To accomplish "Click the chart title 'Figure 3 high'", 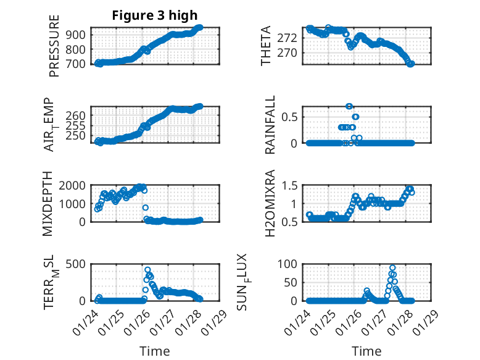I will pos(155,15).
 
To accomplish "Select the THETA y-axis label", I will pos(266,46).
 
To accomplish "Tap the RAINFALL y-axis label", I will pos(270,125).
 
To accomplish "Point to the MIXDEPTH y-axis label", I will pos(48,204).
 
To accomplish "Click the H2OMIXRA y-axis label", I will pos(270,204).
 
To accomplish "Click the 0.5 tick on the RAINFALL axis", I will pos(292,117).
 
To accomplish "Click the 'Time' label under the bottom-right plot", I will pos(366,351).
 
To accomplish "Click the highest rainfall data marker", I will pos(349,106).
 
